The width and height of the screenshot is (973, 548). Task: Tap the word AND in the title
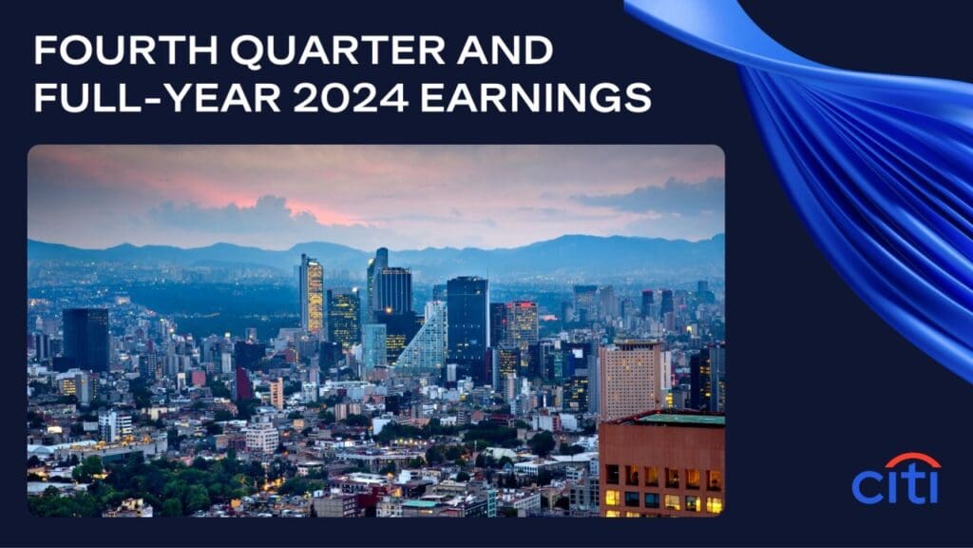click(x=505, y=50)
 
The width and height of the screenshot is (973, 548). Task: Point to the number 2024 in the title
click(x=351, y=98)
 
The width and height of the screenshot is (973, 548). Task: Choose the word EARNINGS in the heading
click(x=536, y=98)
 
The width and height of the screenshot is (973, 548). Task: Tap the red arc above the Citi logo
click(x=912, y=460)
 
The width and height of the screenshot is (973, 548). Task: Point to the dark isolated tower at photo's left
click(x=86, y=340)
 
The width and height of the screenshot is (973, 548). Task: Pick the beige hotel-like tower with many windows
click(x=630, y=378)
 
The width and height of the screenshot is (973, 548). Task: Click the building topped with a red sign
click(x=522, y=324)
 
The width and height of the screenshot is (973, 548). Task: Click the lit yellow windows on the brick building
click(x=661, y=488)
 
